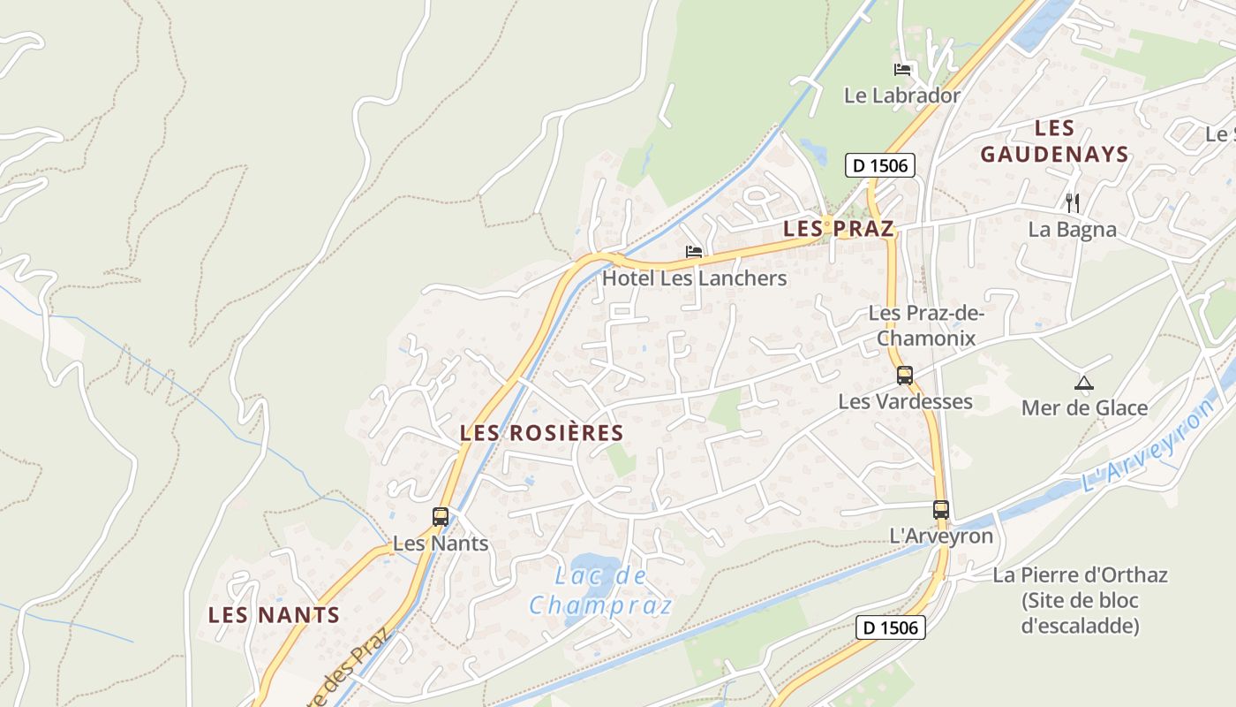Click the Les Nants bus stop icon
(441, 517)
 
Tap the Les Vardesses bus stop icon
(905, 375)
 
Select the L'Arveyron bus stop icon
(941, 510)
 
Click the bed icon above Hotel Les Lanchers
(694, 252)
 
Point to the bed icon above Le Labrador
(902, 70)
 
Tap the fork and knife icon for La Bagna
(1073, 203)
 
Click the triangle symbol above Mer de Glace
(1084, 383)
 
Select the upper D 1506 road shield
(880, 165)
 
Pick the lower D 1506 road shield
(891, 627)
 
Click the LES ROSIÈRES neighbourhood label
(542, 433)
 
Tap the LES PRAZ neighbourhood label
(839, 229)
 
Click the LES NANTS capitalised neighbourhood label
(274, 615)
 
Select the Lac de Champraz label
(600, 591)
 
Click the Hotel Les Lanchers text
(694, 278)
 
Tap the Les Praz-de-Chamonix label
(926, 325)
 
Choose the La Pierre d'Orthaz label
(1081, 600)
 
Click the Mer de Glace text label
(1084, 408)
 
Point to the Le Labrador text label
(902, 95)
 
